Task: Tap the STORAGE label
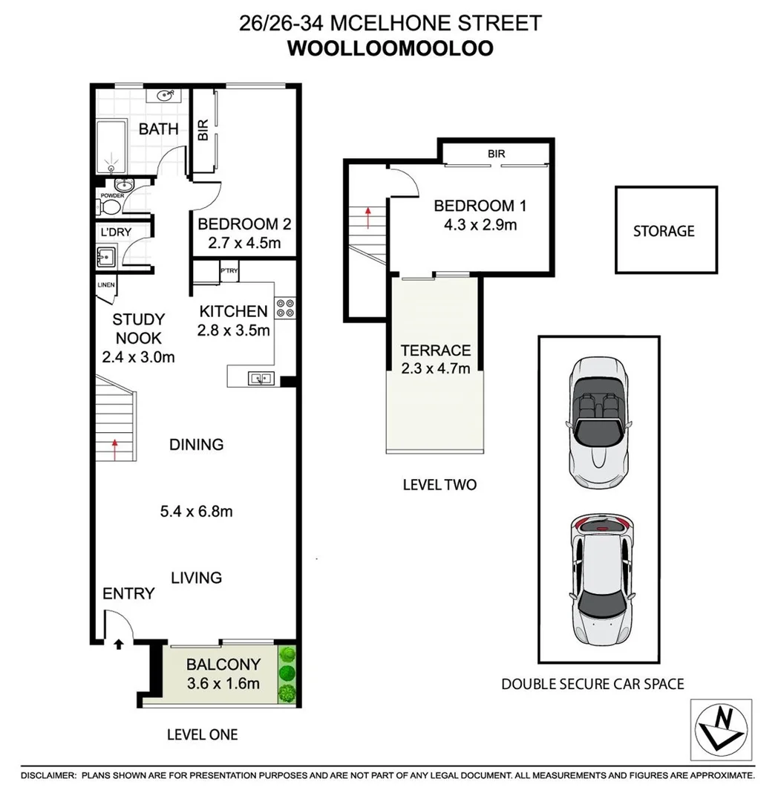point(663,231)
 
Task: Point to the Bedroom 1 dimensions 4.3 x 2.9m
point(475,224)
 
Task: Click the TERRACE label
point(435,351)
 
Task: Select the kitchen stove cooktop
point(285,307)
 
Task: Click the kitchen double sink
point(261,378)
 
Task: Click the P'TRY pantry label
point(228,272)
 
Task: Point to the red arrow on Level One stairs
point(115,446)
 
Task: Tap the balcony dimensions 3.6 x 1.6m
point(223,683)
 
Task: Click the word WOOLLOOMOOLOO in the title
point(390,48)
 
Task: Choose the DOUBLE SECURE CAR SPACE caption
point(592,684)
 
